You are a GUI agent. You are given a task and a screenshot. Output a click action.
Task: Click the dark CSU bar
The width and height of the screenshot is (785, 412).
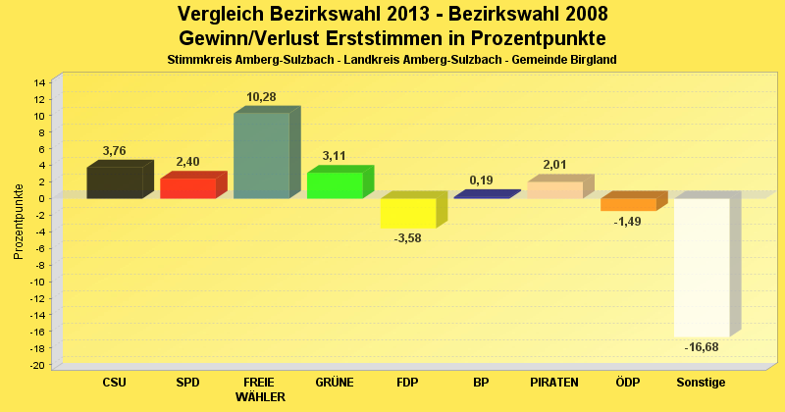pos(115,182)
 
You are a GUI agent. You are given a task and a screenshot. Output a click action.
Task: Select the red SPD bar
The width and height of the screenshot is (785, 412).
pos(187,187)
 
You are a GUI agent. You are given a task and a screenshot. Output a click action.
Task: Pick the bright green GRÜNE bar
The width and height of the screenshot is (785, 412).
pos(335,184)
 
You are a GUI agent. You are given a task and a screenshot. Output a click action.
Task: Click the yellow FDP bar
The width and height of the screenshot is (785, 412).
pos(408,213)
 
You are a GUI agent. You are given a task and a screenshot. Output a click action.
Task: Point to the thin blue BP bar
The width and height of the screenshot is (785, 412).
pos(481,195)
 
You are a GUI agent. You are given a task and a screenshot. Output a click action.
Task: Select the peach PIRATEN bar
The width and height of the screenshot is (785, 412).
pos(554,189)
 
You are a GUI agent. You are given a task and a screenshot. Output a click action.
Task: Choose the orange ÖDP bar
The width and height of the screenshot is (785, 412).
pos(628,204)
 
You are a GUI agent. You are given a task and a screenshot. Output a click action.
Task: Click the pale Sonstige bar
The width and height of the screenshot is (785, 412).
pos(702,267)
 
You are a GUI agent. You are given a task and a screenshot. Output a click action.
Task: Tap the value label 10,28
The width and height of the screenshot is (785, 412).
pos(261,96)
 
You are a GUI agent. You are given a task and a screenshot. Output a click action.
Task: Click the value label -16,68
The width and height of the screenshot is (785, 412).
pos(702,347)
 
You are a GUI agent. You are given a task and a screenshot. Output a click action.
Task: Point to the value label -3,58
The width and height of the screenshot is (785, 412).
pos(408,238)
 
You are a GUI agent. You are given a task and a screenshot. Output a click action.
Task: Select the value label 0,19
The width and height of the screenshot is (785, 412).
pos(481,180)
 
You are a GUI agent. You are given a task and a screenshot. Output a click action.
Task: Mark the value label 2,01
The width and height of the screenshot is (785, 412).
pos(554,165)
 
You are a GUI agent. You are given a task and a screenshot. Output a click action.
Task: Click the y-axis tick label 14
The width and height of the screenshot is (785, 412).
pos(38,82)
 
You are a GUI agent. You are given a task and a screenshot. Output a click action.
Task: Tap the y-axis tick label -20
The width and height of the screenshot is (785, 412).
pos(36,365)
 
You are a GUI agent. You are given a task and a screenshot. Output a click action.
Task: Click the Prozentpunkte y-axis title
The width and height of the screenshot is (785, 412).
pos(19,221)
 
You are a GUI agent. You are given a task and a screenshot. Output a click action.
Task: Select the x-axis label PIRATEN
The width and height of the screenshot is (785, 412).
pos(554,382)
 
